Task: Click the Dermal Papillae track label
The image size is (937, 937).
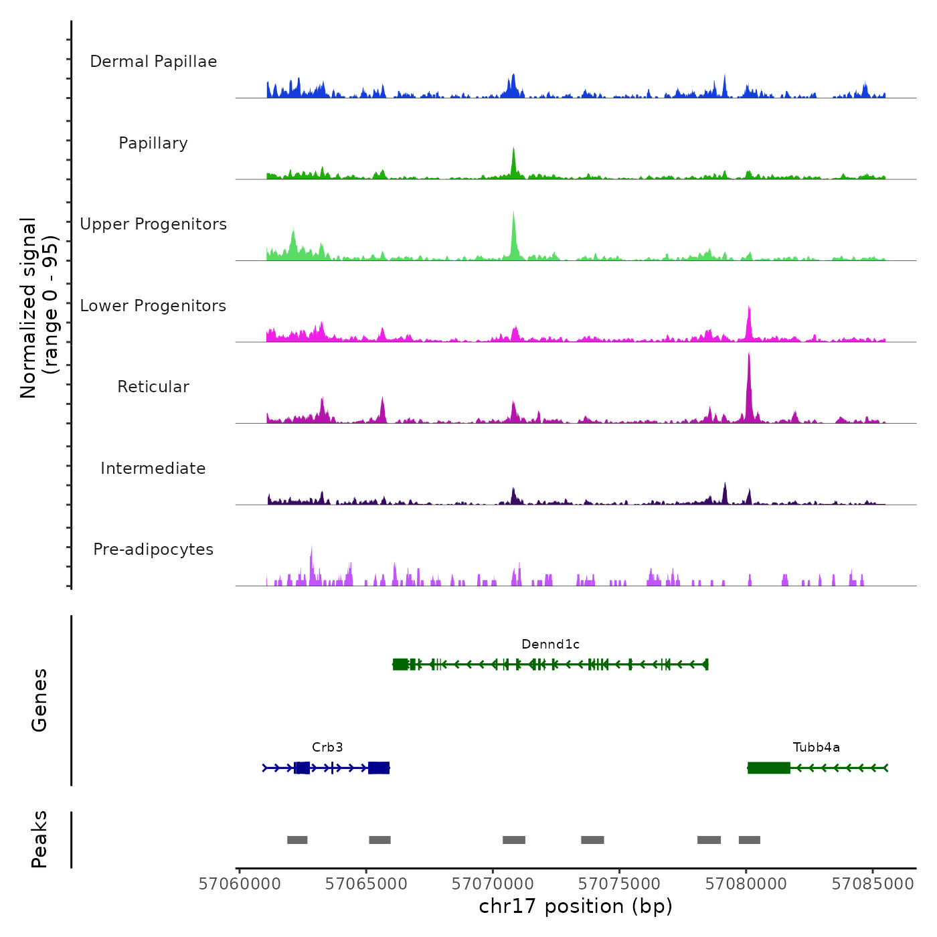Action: (x=153, y=62)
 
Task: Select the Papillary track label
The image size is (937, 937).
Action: (x=153, y=143)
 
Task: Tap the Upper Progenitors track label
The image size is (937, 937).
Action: (x=153, y=224)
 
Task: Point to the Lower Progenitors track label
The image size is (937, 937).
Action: (x=153, y=306)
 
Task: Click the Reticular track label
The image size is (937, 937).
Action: (x=153, y=387)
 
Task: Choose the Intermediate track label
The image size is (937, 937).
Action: (x=153, y=468)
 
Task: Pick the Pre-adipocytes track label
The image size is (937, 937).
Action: (x=153, y=549)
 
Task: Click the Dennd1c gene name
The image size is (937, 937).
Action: (x=550, y=645)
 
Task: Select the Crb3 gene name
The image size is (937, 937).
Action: (x=327, y=748)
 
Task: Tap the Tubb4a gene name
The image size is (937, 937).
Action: (x=816, y=748)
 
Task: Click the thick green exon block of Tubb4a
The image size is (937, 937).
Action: (x=768, y=768)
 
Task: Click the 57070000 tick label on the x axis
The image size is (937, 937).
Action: (x=493, y=884)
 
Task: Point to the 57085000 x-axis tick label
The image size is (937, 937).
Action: (x=873, y=884)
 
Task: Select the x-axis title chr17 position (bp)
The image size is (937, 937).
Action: (x=576, y=907)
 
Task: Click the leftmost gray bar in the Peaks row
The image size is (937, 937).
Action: (x=297, y=840)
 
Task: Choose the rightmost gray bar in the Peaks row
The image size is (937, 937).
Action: (x=750, y=840)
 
